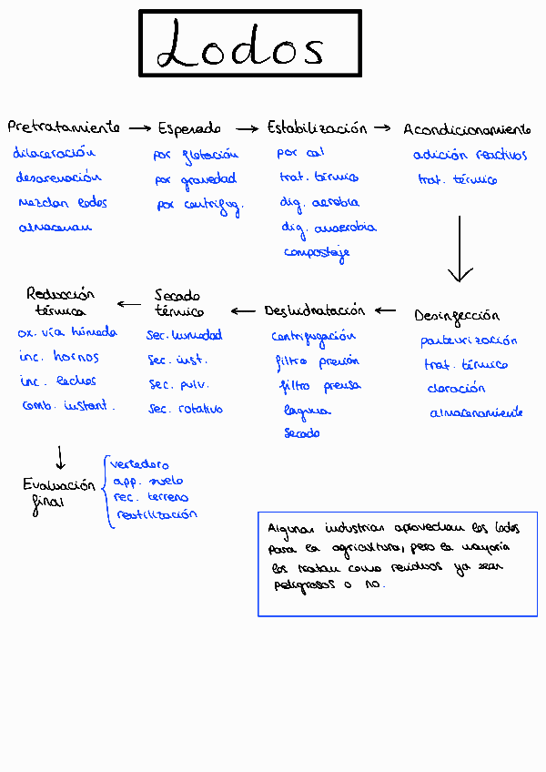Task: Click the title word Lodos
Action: coord(241,46)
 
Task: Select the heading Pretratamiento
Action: coord(64,127)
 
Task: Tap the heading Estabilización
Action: coord(317,127)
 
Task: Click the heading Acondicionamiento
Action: coord(467,129)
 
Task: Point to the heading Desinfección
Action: coord(457,316)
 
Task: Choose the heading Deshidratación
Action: coord(314,310)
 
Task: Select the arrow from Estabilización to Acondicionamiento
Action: coord(383,128)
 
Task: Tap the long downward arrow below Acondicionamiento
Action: coord(460,248)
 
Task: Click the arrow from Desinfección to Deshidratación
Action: coord(386,310)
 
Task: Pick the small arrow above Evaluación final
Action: coord(60,456)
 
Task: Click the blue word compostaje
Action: coord(316,252)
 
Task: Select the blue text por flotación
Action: coord(197,155)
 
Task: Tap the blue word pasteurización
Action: coord(469,340)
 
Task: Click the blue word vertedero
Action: coord(139,464)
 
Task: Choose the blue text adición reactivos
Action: coord(470,155)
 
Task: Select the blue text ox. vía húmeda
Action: coord(67,333)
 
